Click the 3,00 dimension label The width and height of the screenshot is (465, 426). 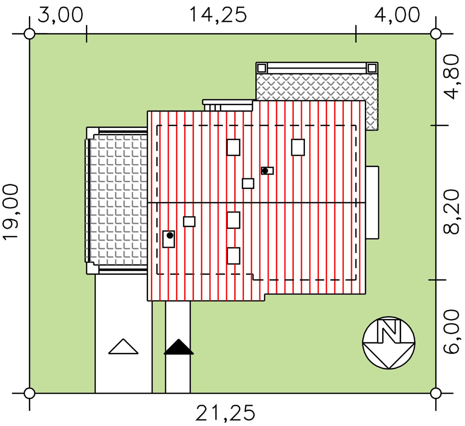[x=60, y=15]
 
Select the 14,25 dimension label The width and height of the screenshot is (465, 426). [x=218, y=15]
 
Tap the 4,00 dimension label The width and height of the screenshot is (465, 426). [x=397, y=15]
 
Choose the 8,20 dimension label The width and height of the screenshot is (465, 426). [x=451, y=212]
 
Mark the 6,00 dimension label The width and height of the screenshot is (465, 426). [x=451, y=332]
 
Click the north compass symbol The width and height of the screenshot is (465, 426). [x=389, y=343]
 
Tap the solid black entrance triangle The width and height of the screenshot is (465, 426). [x=179, y=347]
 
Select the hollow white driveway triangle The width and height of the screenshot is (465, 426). [x=123, y=346]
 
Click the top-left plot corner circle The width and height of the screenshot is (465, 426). [x=29, y=34]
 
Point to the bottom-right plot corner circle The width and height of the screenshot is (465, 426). [x=436, y=393]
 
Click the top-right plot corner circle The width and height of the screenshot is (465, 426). [x=436, y=34]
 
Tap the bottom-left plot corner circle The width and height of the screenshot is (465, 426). [x=29, y=393]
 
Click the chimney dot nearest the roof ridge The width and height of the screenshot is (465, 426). [x=265, y=171]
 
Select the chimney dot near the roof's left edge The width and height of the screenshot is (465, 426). [x=170, y=235]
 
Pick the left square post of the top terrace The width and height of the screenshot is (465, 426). [x=262, y=68]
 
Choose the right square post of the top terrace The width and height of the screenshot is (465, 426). [x=372, y=68]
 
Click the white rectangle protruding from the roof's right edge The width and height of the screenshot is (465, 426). [x=372, y=203]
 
